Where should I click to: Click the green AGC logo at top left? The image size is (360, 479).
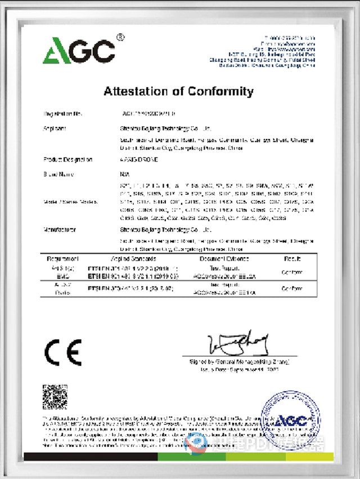[x=79, y=51]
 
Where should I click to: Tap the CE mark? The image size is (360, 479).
[x=62, y=353]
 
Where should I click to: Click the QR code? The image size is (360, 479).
[x=55, y=397]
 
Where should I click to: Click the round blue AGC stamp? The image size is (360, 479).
[x=290, y=419]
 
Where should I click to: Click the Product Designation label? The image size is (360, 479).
[x=67, y=160]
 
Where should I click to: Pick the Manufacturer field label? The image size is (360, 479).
[x=60, y=230]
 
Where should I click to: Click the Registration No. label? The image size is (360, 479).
[x=62, y=114]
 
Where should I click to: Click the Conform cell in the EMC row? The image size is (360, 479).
[x=290, y=271]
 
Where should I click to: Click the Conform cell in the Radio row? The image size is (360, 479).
[x=290, y=288]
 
